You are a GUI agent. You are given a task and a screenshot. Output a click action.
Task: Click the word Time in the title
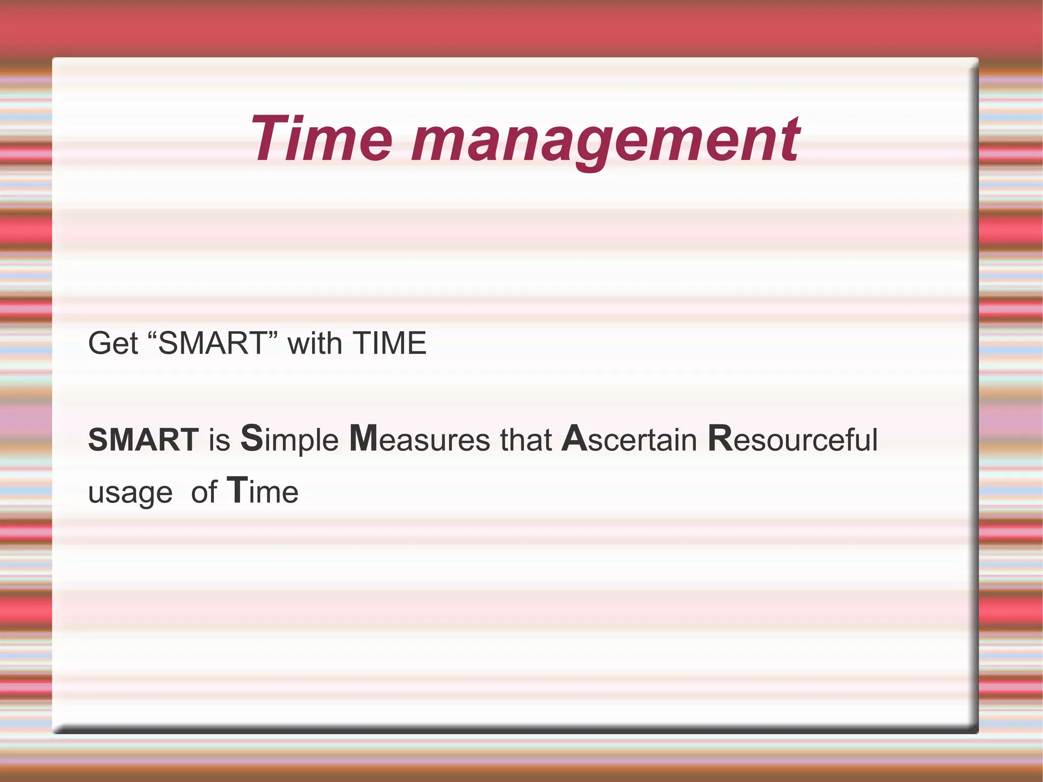[x=321, y=139]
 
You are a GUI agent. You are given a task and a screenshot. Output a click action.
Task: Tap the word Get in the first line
[x=113, y=343]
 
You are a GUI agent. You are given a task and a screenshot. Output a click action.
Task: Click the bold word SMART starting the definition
[x=143, y=439]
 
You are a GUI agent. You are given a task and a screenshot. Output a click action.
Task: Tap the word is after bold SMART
[x=219, y=439]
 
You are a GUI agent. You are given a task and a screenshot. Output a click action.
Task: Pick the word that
[x=526, y=439]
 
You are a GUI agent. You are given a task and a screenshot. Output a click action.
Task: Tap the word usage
[x=130, y=493]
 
